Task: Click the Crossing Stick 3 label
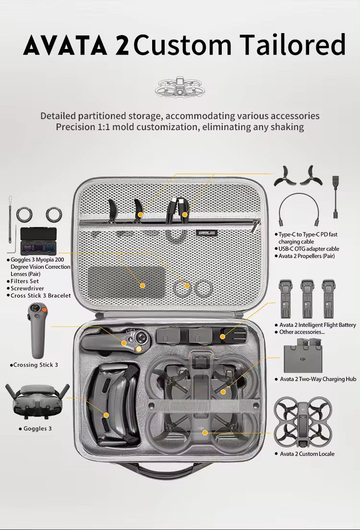tap(36, 365)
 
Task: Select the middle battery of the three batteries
tap(306, 299)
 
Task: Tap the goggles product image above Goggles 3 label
tap(37, 401)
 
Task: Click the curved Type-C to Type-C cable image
tap(300, 209)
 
